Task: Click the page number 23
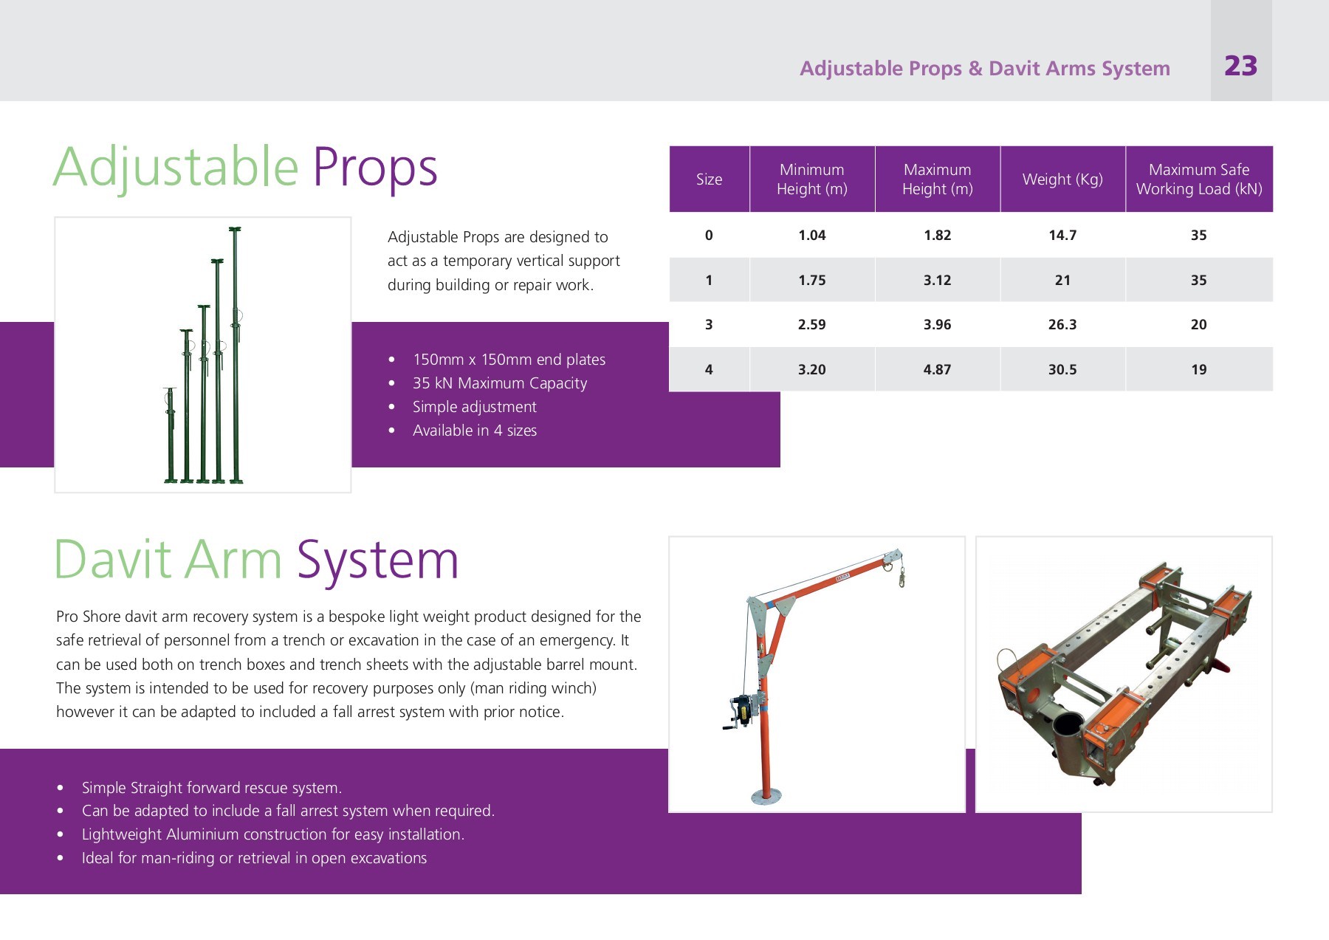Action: (1240, 66)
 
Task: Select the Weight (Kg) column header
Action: (1062, 179)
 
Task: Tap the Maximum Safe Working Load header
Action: (1198, 179)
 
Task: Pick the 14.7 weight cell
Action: (1062, 236)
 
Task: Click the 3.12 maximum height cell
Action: (937, 281)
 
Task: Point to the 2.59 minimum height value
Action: (811, 324)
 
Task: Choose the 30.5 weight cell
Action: (1062, 369)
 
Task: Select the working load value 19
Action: (1198, 369)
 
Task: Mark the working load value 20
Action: (1198, 324)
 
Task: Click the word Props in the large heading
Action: (375, 168)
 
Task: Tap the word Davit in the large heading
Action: (113, 560)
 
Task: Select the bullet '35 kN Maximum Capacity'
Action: (500, 383)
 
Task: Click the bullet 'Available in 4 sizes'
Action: (475, 430)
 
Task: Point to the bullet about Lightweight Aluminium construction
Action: (272, 834)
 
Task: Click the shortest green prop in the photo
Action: (171, 436)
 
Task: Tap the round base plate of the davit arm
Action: (766, 796)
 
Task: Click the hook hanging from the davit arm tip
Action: (902, 577)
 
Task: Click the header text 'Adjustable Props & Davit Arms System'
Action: (984, 69)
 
